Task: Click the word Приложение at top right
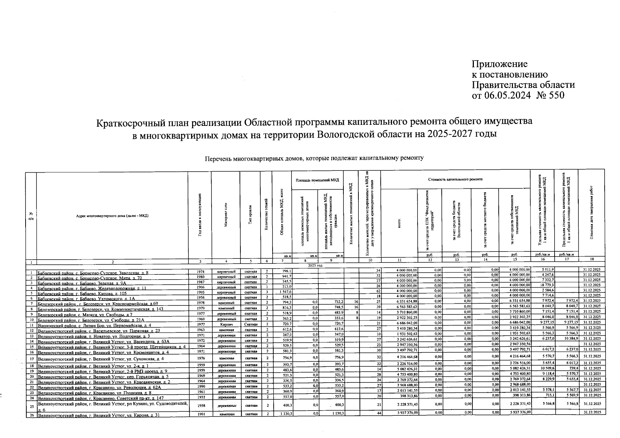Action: [500, 64]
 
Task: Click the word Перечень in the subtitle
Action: [218, 158]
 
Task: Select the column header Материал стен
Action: [226, 215]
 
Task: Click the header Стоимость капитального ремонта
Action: [455, 179]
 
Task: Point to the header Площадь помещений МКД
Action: [317, 180]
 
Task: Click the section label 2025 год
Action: [316, 265]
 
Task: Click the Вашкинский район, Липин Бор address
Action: [94, 325]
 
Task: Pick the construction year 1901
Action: [200, 414]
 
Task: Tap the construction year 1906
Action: [200, 287]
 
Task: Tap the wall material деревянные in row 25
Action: [227, 406]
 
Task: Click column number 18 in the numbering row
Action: [592, 260]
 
